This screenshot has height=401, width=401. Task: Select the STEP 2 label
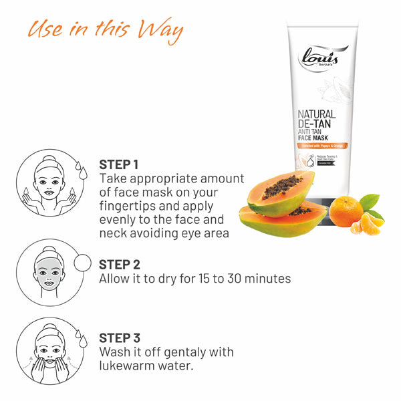pyautogui.click(x=120, y=263)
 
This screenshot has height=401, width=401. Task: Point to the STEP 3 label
pyautogui.click(x=120, y=338)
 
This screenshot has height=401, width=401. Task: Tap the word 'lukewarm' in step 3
pyautogui.click(x=131, y=366)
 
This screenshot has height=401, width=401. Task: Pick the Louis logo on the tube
pyautogui.click(x=323, y=57)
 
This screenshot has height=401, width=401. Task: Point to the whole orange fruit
pyautogui.click(x=347, y=213)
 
